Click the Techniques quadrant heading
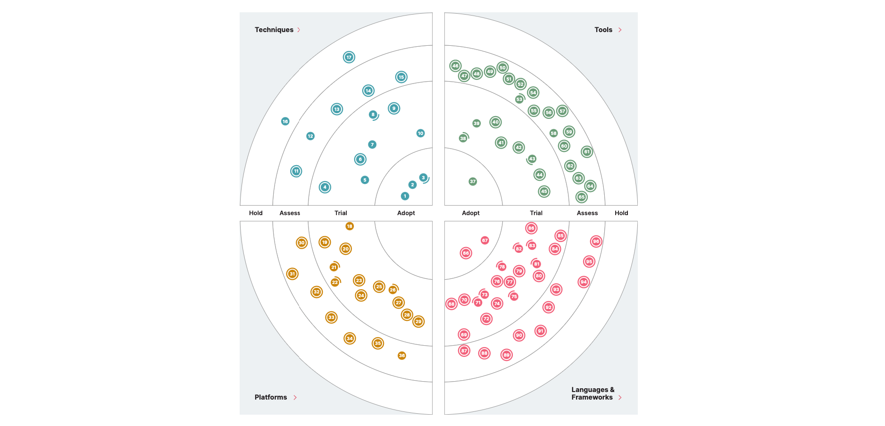pos(274,30)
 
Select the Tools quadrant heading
pos(603,30)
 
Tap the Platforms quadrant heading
pos(271,397)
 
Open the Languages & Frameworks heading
pos(593,393)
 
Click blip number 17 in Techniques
pos(349,57)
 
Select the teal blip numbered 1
pos(405,196)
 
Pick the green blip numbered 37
pos(473,182)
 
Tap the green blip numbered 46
pos(455,66)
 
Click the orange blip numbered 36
pos(402,356)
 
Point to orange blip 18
pos(350,226)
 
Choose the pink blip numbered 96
pos(596,242)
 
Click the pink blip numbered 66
pos(466,253)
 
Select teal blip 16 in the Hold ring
pos(285,122)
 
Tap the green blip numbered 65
pos(582,197)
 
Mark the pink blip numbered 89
pos(507,355)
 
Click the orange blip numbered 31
pos(292,274)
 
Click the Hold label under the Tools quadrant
pos(621,213)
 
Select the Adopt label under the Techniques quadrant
pos(406,213)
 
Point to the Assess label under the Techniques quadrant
pos(290,213)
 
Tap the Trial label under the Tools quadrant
pos(536,213)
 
